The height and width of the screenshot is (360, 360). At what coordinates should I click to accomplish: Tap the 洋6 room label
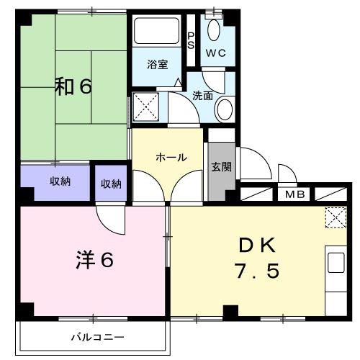(x=94, y=260)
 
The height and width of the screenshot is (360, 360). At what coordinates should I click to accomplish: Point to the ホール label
(x=171, y=157)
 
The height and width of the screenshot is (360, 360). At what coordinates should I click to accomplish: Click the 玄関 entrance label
(x=220, y=167)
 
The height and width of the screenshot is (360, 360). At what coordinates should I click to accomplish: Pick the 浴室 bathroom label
(x=157, y=65)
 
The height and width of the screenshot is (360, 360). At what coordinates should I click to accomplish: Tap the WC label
(x=216, y=53)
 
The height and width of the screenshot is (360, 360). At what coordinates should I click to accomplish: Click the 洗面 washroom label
(x=202, y=94)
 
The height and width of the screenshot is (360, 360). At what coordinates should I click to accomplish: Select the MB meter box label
(x=294, y=194)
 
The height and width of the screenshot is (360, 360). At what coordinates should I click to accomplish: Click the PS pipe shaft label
(x=191, y=40)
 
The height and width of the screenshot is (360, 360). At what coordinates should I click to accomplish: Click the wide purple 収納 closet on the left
(x=55, y=181)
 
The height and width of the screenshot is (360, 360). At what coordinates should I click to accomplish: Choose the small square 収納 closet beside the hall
(x=111, y=183)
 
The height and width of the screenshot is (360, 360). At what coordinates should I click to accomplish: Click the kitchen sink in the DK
(x=336, y=264)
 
